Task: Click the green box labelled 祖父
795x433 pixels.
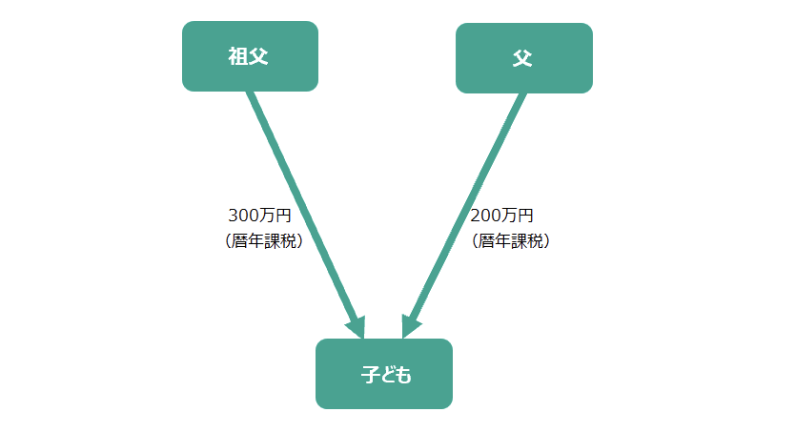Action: (x=250, y=56)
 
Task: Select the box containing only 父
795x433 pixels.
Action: (x=524, y=58)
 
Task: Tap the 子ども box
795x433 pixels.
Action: (x=384, y=374)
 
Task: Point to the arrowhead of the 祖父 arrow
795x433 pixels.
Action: (x=356, y=327)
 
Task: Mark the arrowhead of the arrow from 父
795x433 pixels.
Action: (x=411, y=326)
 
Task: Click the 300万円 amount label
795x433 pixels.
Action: (x=259, y=216)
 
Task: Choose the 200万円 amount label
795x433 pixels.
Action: (x=501, y=216)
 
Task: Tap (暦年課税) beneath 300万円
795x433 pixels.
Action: (x=264, y=241)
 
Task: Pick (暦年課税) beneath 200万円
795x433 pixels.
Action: (x=511, y=241)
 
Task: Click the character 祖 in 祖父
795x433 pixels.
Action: (x=237, y=56)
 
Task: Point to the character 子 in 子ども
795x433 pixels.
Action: (x=371, y=375)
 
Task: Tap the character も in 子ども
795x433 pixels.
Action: (x=403, y=375)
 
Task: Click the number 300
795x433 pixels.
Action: (x=244, y=216)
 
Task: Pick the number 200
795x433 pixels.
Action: (x=486, y=216)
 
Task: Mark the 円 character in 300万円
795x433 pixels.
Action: (x=283, y=216)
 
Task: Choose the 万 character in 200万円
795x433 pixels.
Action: (x=509, y=216)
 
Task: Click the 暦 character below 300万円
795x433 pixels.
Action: (x=239, y=241)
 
